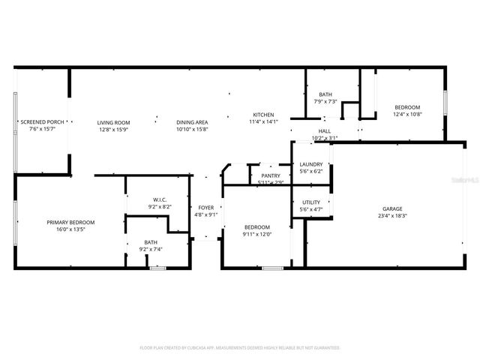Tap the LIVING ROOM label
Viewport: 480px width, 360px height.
(x=113, y=122)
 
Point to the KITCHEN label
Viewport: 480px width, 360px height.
(x=263, y=114)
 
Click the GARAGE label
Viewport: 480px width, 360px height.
(x=392, y=208)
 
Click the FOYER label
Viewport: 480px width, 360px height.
(x=206, y=207)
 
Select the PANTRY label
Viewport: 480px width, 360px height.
(x=270, y=175)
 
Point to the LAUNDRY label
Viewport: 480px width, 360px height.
(x=310, y=164)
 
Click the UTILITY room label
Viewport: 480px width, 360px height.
(x=310, y=202)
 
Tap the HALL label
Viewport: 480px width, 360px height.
(x=324, y=130)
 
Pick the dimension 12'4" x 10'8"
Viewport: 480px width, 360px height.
(x=407, y=114)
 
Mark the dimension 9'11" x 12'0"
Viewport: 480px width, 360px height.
(x=256, y=233)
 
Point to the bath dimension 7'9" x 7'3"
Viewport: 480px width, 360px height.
(x=325, y=101)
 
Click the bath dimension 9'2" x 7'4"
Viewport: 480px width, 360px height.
(x=150, y=249)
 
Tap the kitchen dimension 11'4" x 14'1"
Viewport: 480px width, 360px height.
(x=263, y=121)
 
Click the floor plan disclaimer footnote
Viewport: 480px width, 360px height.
(x=240, y=347)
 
